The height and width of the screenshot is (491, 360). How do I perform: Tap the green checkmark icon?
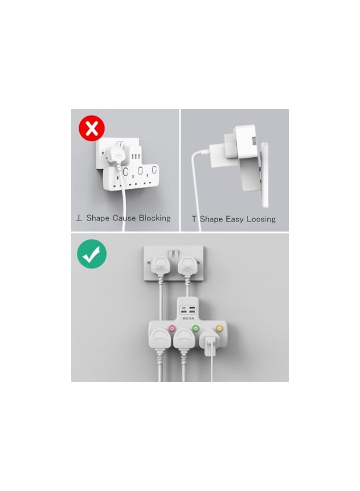point(92,253)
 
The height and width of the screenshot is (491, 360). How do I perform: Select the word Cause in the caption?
point(124,218)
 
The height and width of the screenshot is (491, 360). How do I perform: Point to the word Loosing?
point(258,219)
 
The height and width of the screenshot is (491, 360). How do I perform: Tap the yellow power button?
point(219,329)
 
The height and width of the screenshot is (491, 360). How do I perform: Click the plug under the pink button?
point(162,340)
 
